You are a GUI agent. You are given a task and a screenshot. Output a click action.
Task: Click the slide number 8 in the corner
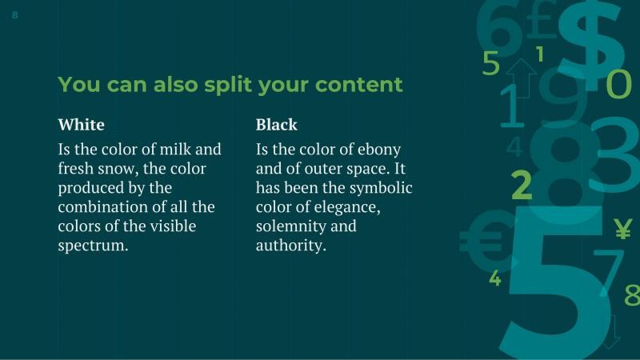point(15,14)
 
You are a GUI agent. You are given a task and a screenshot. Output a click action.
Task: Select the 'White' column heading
point(82,125)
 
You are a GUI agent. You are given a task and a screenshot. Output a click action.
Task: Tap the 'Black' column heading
point(276,125)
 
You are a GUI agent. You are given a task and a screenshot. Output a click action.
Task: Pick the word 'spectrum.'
point(93,246)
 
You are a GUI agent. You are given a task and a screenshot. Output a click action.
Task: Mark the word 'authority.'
point(291,246)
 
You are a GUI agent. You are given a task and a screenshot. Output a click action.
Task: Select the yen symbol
point(622,230)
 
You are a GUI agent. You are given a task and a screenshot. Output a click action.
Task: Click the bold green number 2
point(522,185)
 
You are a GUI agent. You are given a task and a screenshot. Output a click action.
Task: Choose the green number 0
point(618,84)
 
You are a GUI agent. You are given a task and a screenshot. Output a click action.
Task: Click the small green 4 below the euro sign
point(495,278)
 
